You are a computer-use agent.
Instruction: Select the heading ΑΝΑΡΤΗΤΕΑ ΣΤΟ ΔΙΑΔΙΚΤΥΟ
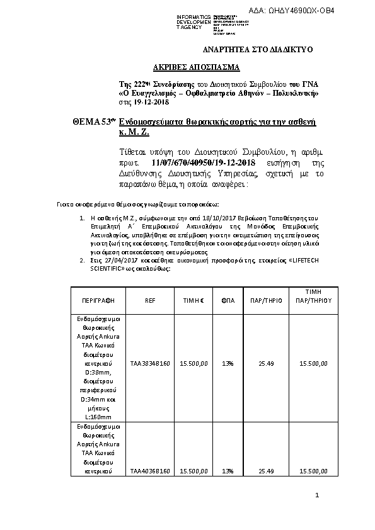tap(257, 49)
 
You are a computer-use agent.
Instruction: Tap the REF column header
tap(149, 300)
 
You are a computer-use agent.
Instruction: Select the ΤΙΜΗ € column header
tap(193, 300)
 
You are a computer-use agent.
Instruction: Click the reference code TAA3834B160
tap(149, 363)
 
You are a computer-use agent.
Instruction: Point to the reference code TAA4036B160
tap(149, 470)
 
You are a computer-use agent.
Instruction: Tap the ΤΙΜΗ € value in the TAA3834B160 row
tap(193, 363)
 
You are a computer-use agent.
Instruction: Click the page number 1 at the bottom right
tap(318, 497)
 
